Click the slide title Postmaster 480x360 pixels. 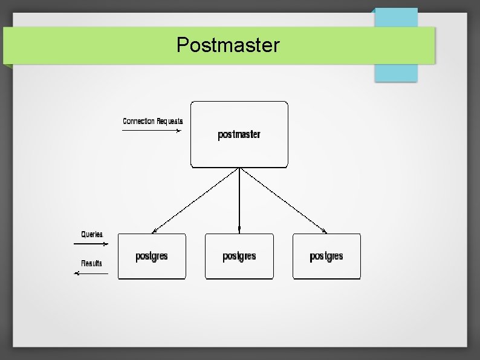point(228,45)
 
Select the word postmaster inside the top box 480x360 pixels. point(239,134)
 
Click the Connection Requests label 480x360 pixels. point(152,121)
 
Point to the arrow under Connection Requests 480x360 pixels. point(151,130)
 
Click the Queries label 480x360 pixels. point(92,234)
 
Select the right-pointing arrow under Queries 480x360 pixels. point(91,244)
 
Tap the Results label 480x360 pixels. point(92,263)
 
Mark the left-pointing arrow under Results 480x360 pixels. point(91,273)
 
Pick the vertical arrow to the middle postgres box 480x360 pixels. point(239,200)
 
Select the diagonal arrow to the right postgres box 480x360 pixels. point(284,200)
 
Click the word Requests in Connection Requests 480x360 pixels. point(170,121)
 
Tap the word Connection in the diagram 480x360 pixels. point(139,121)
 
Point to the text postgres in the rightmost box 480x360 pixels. point(326,256)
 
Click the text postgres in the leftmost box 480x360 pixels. point(152,256)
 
